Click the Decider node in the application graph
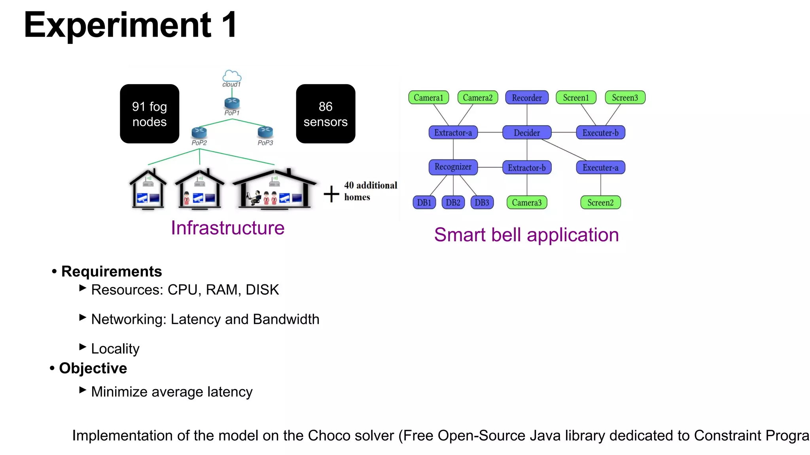point(526,133)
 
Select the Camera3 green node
point(526,203)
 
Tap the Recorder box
point(526,98)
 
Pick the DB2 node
point(453,203)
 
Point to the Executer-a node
point(600,167)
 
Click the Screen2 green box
point(600,203)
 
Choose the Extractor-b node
point(526,167)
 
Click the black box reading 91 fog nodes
point(150,114)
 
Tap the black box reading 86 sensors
point(326,114)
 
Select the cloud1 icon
point(232,77)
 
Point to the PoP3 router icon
point(265,132)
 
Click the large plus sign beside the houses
point(331,194)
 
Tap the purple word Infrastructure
point(227,228)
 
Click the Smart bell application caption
point(526,235)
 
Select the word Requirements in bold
point(112,271)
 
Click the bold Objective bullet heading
point(93,368)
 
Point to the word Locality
point(115,349)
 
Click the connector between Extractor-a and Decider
point(490,132)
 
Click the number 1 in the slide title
point(229,25)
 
